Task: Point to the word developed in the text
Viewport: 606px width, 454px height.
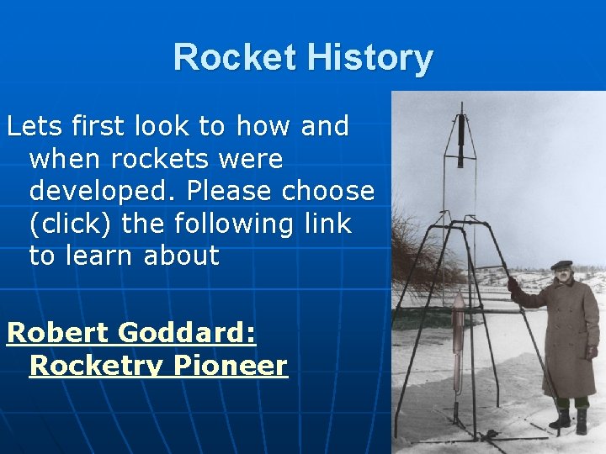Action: coord(99,191)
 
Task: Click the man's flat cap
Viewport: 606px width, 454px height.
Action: coord(561,265)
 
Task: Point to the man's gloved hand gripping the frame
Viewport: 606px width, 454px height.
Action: coord(513,286)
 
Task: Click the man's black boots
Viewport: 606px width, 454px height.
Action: coord(570,419)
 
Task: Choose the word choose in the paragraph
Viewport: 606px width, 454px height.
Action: coord(328,191)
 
